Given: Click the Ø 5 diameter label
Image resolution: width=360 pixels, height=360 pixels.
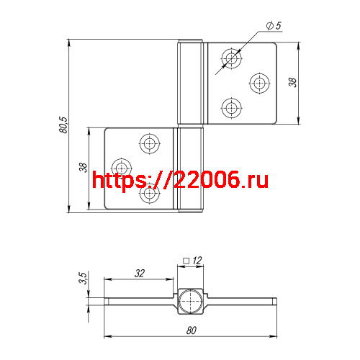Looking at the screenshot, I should point(273,26).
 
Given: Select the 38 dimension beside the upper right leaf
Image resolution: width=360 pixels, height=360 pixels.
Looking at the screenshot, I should point(292,82).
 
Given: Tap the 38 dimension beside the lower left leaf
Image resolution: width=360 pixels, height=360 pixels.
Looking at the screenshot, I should point(83,168).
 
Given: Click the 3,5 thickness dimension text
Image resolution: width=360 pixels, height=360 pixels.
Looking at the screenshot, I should point(83,279).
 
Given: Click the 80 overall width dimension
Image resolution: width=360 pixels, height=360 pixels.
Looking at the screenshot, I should point(192,330).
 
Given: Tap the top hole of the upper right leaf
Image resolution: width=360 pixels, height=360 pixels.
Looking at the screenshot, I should point(232,56).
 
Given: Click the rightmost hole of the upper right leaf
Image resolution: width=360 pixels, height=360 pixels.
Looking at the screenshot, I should point(258,83).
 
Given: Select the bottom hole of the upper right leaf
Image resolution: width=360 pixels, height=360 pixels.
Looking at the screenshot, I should point(232,109).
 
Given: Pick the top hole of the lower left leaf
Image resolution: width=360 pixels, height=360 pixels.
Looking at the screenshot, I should point(150,143).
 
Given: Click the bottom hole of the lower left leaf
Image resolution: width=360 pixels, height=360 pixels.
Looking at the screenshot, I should point(150,194).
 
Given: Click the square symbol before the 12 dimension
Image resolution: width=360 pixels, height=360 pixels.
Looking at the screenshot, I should point(186,261).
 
